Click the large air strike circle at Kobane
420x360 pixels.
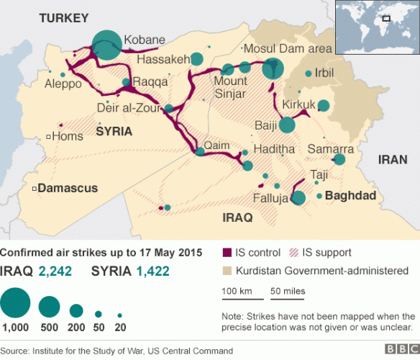coord(107,45)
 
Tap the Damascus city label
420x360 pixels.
coord(67,188)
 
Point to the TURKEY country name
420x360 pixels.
coord(63,17)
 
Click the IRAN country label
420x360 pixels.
coord(393,161)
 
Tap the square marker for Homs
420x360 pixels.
coord(48,136)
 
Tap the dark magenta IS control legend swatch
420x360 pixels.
coord(227,253)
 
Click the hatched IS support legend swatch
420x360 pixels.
coord(293,253)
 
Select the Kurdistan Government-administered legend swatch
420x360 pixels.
coord(227,271)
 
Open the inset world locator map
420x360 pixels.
coord(378,27)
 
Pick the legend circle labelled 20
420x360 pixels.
coord(119,315)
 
